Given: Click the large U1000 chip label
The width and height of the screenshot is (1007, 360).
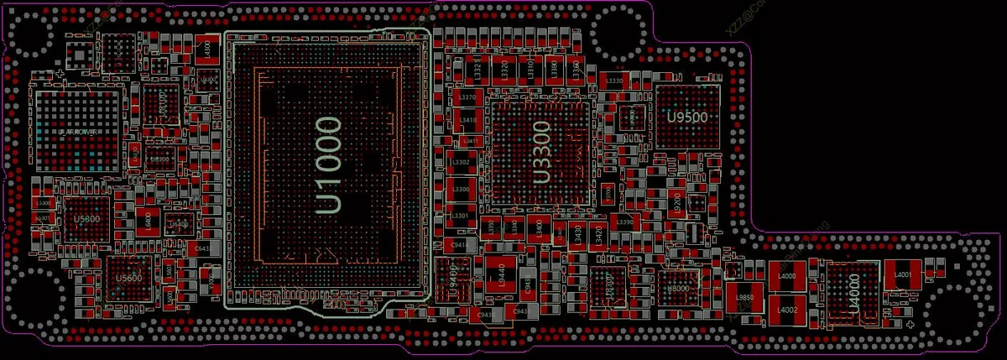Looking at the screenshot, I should tap(328, 166).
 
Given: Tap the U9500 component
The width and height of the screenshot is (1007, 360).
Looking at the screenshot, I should tap(687, 117).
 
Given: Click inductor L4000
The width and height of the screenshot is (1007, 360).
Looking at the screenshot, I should tap(787, 276).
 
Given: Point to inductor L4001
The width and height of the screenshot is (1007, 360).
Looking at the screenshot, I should tap(903, 274).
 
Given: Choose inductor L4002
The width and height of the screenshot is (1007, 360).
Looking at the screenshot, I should tap(787, 310).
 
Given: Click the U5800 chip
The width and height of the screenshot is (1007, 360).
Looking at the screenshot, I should tap(86, 219).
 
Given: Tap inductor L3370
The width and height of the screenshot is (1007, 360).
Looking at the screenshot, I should tap(467, 98).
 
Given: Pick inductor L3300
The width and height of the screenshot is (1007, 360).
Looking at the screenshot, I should tap(461, 190).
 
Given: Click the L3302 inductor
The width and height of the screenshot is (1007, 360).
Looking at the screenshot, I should tap(461, 163).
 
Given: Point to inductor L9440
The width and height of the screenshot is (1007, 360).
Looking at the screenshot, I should tap(500, 274).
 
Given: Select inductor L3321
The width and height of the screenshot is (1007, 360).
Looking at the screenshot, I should tap(477, 69).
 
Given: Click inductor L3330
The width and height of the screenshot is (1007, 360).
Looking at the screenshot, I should tap(614, 81).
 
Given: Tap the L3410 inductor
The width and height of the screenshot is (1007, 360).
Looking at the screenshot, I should tap(467, 120).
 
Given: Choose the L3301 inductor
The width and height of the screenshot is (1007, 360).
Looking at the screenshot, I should tap(461, 216).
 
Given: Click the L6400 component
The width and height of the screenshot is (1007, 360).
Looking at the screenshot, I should tap(147, 222).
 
